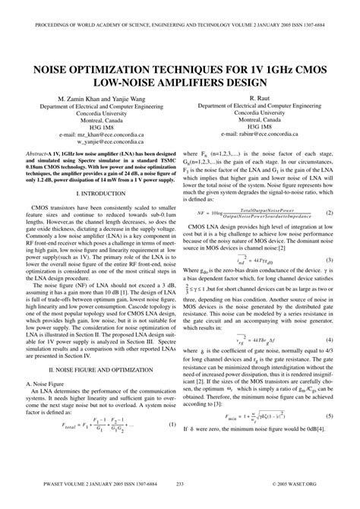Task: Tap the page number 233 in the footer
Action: [180, 504]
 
